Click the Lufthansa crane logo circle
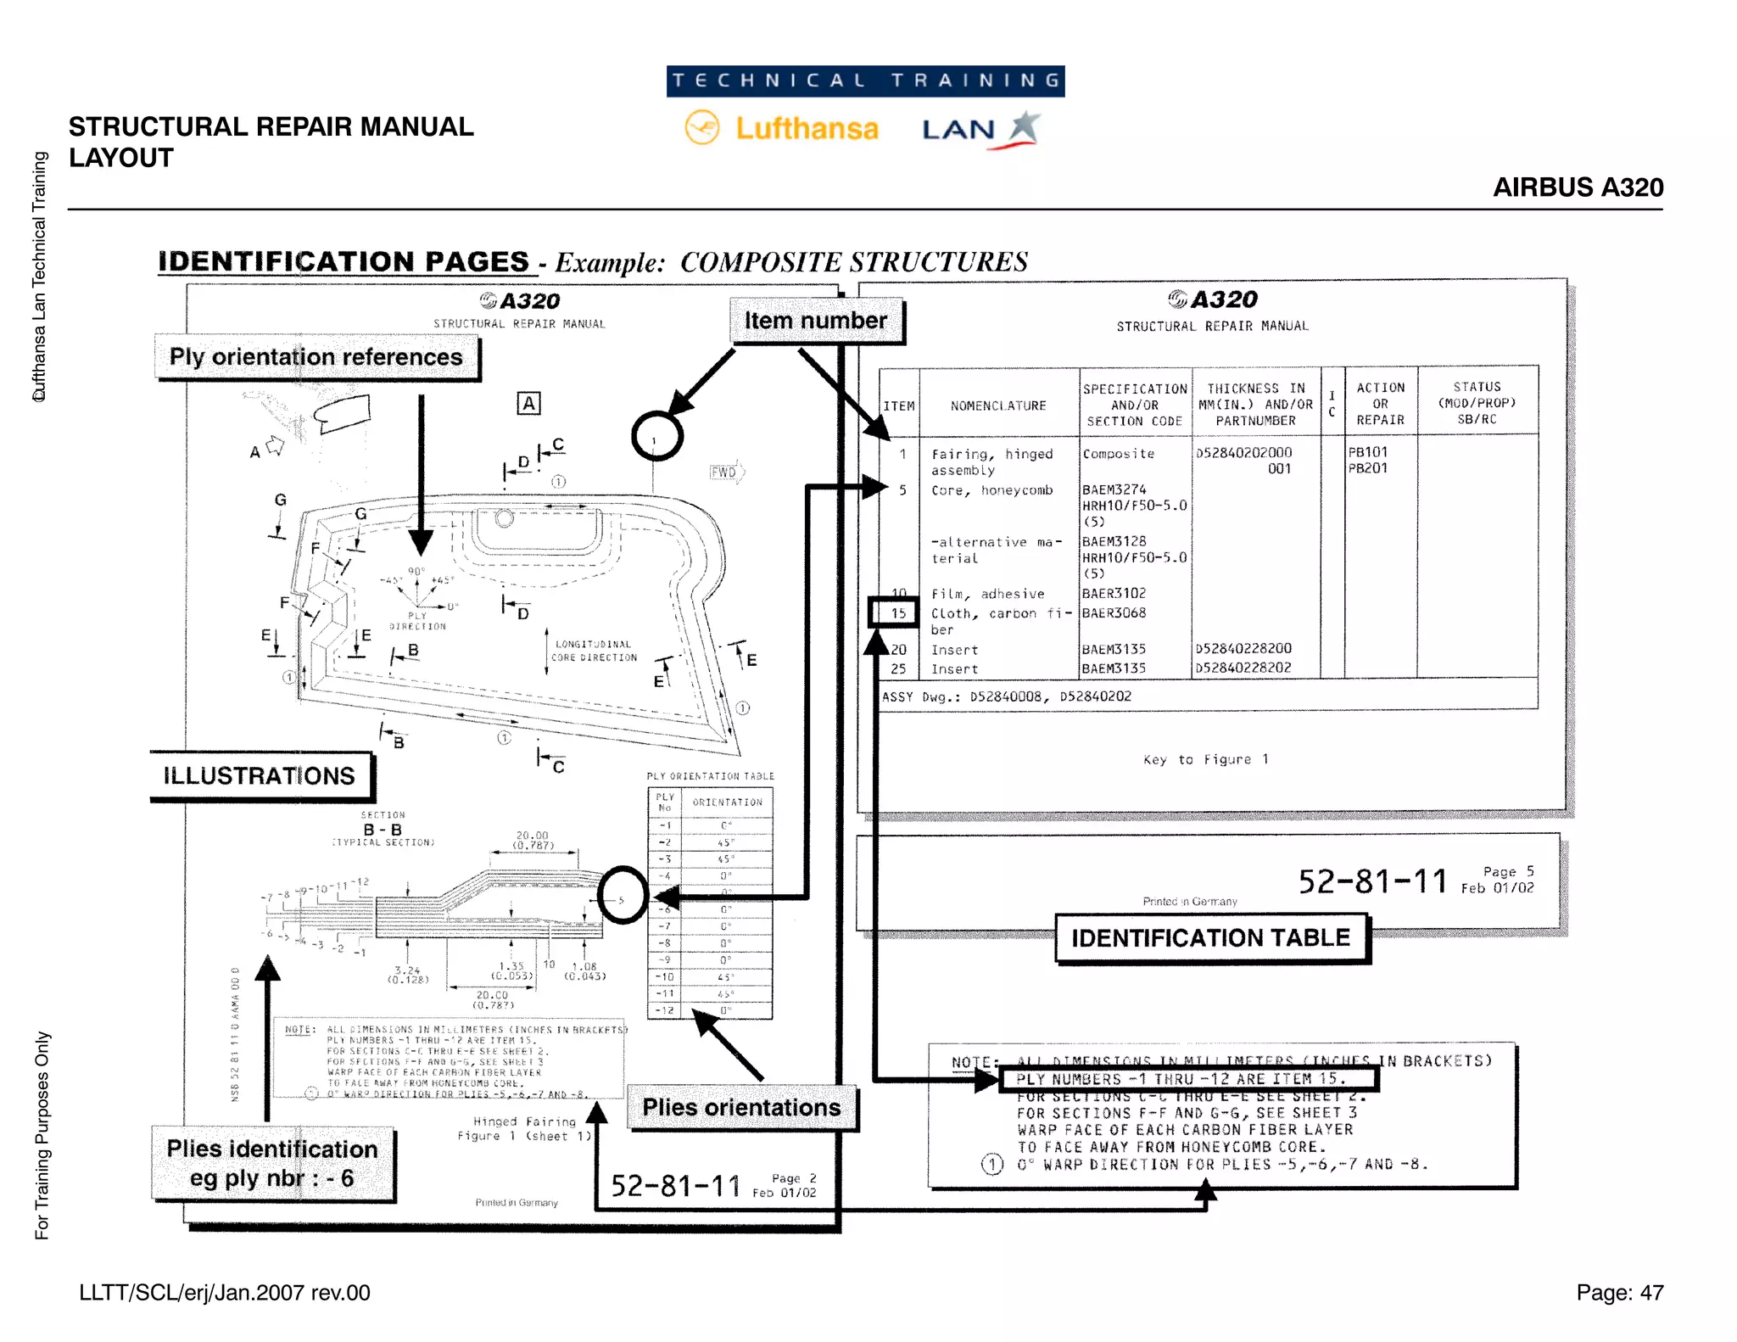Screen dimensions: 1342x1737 [x=702, y=128]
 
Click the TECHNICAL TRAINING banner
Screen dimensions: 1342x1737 [x=865, y=81]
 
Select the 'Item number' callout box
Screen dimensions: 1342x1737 [x=817, y=321]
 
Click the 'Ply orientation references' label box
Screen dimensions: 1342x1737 [x=316, y=357]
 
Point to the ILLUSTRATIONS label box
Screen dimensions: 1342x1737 [x=260, y=775]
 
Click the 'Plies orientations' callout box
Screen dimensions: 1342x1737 [x=741, y=1107]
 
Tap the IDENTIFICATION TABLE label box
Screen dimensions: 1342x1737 [x=1210, y=937]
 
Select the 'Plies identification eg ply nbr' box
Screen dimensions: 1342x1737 [x=272, y=1163]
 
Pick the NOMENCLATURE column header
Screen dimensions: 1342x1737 [x=998, y=405]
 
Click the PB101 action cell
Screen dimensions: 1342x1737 [x=1367, y=452]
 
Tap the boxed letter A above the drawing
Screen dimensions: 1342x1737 [x=528, y=404]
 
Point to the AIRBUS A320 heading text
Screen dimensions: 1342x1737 [x=1578, y=187]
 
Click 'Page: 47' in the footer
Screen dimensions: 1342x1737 [x=1619, y=1292]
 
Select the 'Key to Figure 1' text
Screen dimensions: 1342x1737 [x=1205, y=759]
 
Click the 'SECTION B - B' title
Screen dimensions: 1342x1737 [x=383, y=825]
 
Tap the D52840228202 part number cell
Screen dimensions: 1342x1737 [x=1243, y=668]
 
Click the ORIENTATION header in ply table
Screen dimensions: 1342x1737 [x=727, y=802]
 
